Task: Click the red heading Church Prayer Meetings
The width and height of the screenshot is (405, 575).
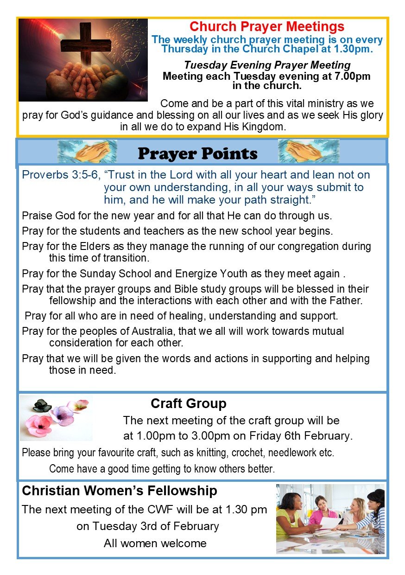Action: click(267, 26)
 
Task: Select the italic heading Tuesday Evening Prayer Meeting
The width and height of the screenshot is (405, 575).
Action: click(267, 65)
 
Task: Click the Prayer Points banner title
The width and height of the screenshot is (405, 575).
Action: click(197, 153)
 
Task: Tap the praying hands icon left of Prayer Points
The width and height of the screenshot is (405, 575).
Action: click(87, 152)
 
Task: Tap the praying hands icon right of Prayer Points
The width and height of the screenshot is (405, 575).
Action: click(308, 152)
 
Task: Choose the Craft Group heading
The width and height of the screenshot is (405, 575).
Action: click(188, 403)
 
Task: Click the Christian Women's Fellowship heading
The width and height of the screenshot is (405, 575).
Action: click(120, 491)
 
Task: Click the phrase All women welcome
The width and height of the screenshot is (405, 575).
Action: click(155, 543)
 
